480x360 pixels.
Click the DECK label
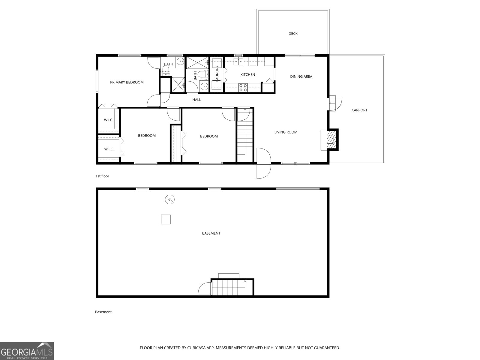tap(293, 34)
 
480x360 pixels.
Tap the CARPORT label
tap(359, 110)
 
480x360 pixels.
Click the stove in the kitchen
tap(243, 87)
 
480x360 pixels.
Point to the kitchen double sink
tap(238, 62)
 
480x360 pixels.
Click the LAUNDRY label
tap(217, 73)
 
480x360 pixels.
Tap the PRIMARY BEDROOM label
tap(127, 82)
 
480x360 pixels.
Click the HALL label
tap(196, 100)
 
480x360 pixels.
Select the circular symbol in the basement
tap(170, 199)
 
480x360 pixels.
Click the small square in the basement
tap(166, 219)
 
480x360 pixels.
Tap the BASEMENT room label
tap(211, 233)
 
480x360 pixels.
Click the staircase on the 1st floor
tap(245, 132)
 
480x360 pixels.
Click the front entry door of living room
tap(264, 163)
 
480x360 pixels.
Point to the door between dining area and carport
tap(335, 103)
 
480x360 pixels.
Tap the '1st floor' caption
tap(102, 176)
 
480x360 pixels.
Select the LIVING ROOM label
tap(286, 132)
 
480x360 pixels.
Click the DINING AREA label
tap(301, 76)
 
